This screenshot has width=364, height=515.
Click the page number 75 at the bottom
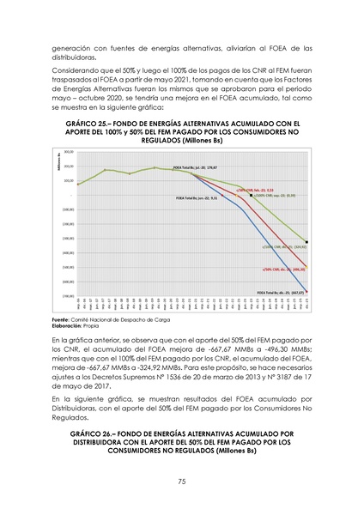pos(182,482)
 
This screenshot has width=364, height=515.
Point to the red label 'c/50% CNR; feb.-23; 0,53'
pos(255,190)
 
